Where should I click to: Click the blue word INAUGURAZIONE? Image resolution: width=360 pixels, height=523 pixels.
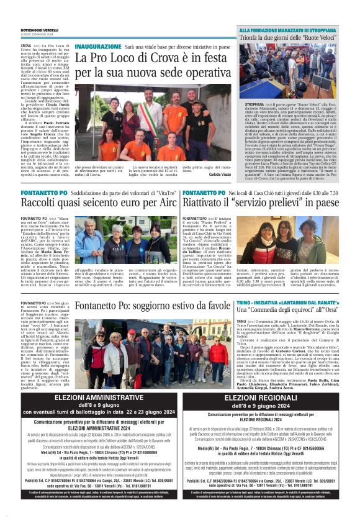click(x=98, y=47)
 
